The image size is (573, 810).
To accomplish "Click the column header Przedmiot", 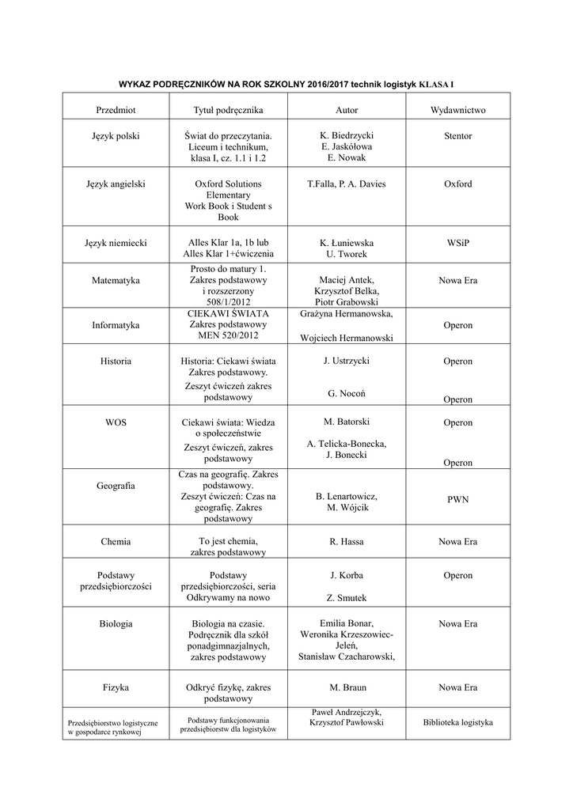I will (116, 110).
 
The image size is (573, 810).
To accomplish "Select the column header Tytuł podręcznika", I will (228, 110).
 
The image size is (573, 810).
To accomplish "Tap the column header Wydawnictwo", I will (457, 110).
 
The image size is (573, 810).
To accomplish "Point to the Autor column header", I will (347, 110).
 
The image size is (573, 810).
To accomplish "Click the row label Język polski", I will (116, 136).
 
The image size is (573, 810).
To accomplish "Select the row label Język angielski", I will (116, 184).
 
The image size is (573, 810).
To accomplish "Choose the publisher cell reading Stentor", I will (457, 136).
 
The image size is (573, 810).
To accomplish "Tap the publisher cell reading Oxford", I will (457, 184).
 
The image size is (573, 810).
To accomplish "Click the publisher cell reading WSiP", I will (457, 244).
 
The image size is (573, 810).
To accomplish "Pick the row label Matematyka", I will (116, 280).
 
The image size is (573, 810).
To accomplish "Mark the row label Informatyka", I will (116, 325).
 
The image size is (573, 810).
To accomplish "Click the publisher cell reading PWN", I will (457, 500).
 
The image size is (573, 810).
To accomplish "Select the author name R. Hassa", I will (347, 542).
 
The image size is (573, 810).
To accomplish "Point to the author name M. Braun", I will (347, 687).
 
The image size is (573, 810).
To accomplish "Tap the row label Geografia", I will (116, 485).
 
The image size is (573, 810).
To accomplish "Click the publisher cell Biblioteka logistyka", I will (457, 722).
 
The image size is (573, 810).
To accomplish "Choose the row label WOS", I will (116, 422).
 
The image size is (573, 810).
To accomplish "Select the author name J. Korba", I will (347, 575).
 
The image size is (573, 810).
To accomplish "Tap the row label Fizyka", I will (116, 687).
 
